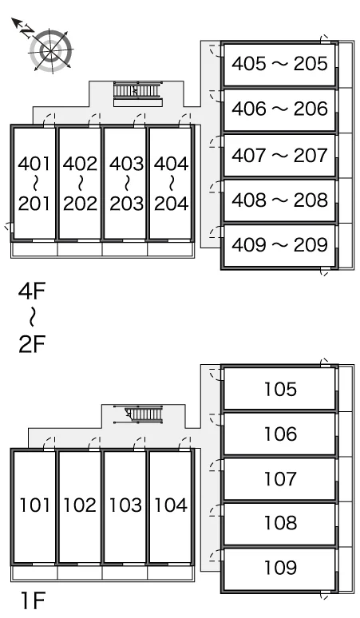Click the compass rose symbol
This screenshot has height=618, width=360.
click(51, 51)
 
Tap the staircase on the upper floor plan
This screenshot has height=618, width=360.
click(137, 92)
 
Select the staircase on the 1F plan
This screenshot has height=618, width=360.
click(138, 414)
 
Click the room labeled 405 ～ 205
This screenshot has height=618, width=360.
click(279, 64)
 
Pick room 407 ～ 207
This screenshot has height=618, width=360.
click(279, 155)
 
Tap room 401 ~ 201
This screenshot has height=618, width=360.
click(34, 184)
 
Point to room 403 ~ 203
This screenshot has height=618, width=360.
click(125, 184)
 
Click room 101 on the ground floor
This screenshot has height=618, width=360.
click(34, 506)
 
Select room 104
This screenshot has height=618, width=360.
click(171, 506)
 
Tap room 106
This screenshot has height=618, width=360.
click(279, 434)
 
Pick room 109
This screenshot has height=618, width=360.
click(279, 568)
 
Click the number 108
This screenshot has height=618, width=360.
click(280, 523)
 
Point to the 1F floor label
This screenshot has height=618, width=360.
click(33, 600)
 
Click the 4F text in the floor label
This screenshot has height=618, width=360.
click(32, 291)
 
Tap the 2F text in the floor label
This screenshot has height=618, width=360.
click(32, 344)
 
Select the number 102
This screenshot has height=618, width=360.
click(80, 505)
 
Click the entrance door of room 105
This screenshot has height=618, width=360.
click(215, 374)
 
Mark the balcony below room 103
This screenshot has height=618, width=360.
click(125, 572)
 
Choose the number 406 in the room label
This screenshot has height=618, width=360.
click(249, 109)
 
